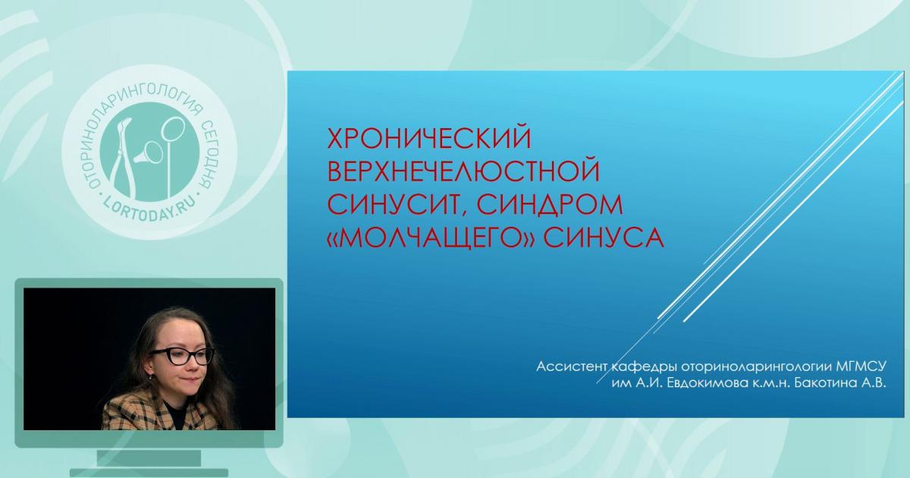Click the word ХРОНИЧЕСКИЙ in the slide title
(x=427, y=139)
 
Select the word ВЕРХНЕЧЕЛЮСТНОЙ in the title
(x=463, y=171)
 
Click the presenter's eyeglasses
(x=181, y=354)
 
